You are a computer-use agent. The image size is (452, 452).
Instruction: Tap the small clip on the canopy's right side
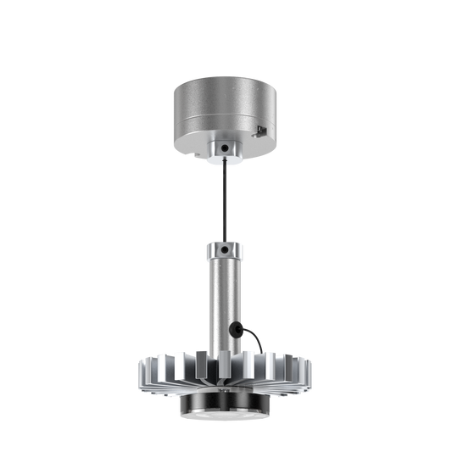261,129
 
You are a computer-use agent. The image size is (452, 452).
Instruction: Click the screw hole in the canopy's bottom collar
224,148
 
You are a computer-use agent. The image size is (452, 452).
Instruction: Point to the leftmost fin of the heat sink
139,373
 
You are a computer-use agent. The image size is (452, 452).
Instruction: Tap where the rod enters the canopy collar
225,161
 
